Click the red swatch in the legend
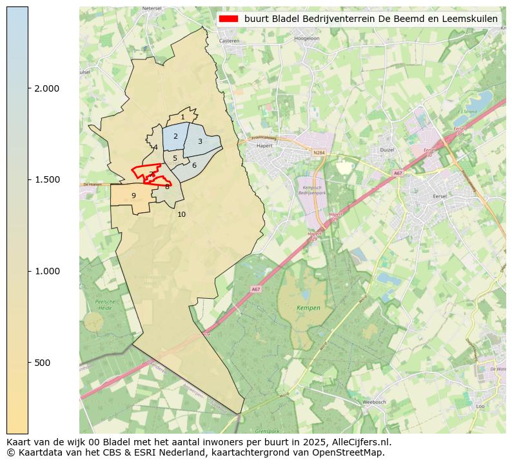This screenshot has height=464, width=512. point(228,19)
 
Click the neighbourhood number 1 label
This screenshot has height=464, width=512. point(182,117)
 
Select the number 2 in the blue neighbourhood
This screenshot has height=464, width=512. point(175,136)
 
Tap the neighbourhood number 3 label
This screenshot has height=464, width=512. point(200,141)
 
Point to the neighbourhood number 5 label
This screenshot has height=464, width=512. point(175,158)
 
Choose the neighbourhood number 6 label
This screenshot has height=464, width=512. point(194,165)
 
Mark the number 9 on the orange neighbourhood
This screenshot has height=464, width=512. point(133,196)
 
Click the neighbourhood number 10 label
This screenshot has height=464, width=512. point(181,214)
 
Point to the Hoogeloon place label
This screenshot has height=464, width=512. point(306,39)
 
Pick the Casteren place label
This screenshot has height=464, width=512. point(229,41)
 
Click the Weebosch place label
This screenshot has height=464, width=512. point(373,402)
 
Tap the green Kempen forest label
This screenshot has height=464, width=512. point(308,308)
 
